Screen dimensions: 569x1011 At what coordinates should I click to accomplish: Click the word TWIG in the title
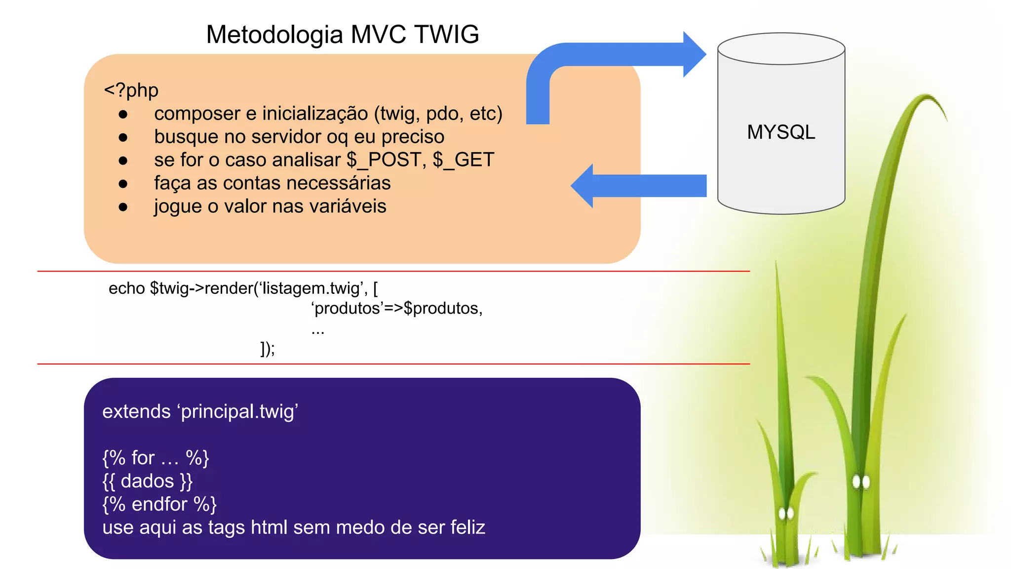[447, 35]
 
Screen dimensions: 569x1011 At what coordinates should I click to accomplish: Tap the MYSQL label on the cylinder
[781, 132]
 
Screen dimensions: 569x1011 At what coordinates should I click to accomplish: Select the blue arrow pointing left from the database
[642, 186]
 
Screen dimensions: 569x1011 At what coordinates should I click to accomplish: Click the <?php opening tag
[131, 90]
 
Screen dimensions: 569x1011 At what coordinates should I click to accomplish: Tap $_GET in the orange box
[464, 160]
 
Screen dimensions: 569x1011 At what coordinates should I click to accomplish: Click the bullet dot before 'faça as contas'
[123, 184]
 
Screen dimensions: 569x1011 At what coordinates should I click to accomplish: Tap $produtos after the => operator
[442, 308]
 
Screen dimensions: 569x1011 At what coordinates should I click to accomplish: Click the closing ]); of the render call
[268, 349]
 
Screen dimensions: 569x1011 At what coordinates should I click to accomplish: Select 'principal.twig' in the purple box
[239, 411]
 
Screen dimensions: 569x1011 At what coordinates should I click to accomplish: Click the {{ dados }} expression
[147, 481]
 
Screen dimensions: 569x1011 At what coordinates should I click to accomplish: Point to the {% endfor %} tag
[159, 504]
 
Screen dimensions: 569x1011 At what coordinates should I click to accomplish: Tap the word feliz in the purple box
[464, 528]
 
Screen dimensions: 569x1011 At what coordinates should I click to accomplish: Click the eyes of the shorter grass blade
[786, 514]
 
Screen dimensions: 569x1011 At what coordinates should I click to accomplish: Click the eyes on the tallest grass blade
[861, 481]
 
